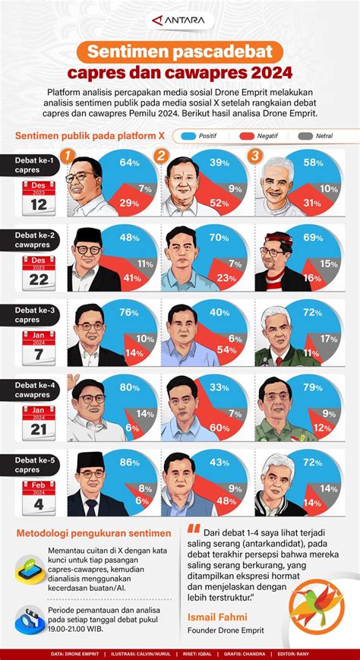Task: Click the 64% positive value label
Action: point(128,162)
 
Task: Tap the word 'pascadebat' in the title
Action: point(223,52)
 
